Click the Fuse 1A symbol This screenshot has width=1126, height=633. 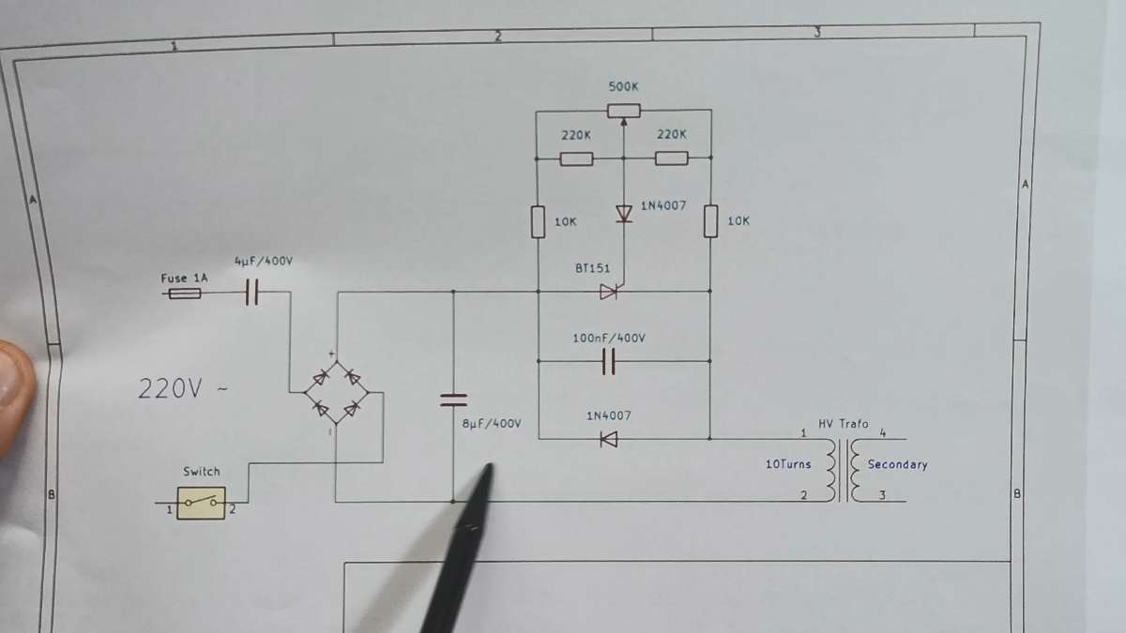pos(183,294)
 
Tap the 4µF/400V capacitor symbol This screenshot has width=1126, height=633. pos(251,294)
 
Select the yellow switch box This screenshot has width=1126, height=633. pos(202,504)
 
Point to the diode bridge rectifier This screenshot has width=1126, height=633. pos(335,393)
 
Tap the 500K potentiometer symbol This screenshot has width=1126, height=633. pos(624,111)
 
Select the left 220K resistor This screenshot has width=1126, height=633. pos(576,158)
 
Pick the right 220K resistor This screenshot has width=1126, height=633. pos(671,158)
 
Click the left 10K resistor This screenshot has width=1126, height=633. pos(538,222)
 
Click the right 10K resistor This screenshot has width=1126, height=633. pos(710,221)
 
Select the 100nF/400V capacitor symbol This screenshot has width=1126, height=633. pos(608,361)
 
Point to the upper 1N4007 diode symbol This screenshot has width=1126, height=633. pos(624,214)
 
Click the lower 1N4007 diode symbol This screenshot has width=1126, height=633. pos(608,438)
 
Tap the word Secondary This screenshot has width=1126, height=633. pos(897,464)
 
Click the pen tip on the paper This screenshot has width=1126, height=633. pos(487,468)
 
